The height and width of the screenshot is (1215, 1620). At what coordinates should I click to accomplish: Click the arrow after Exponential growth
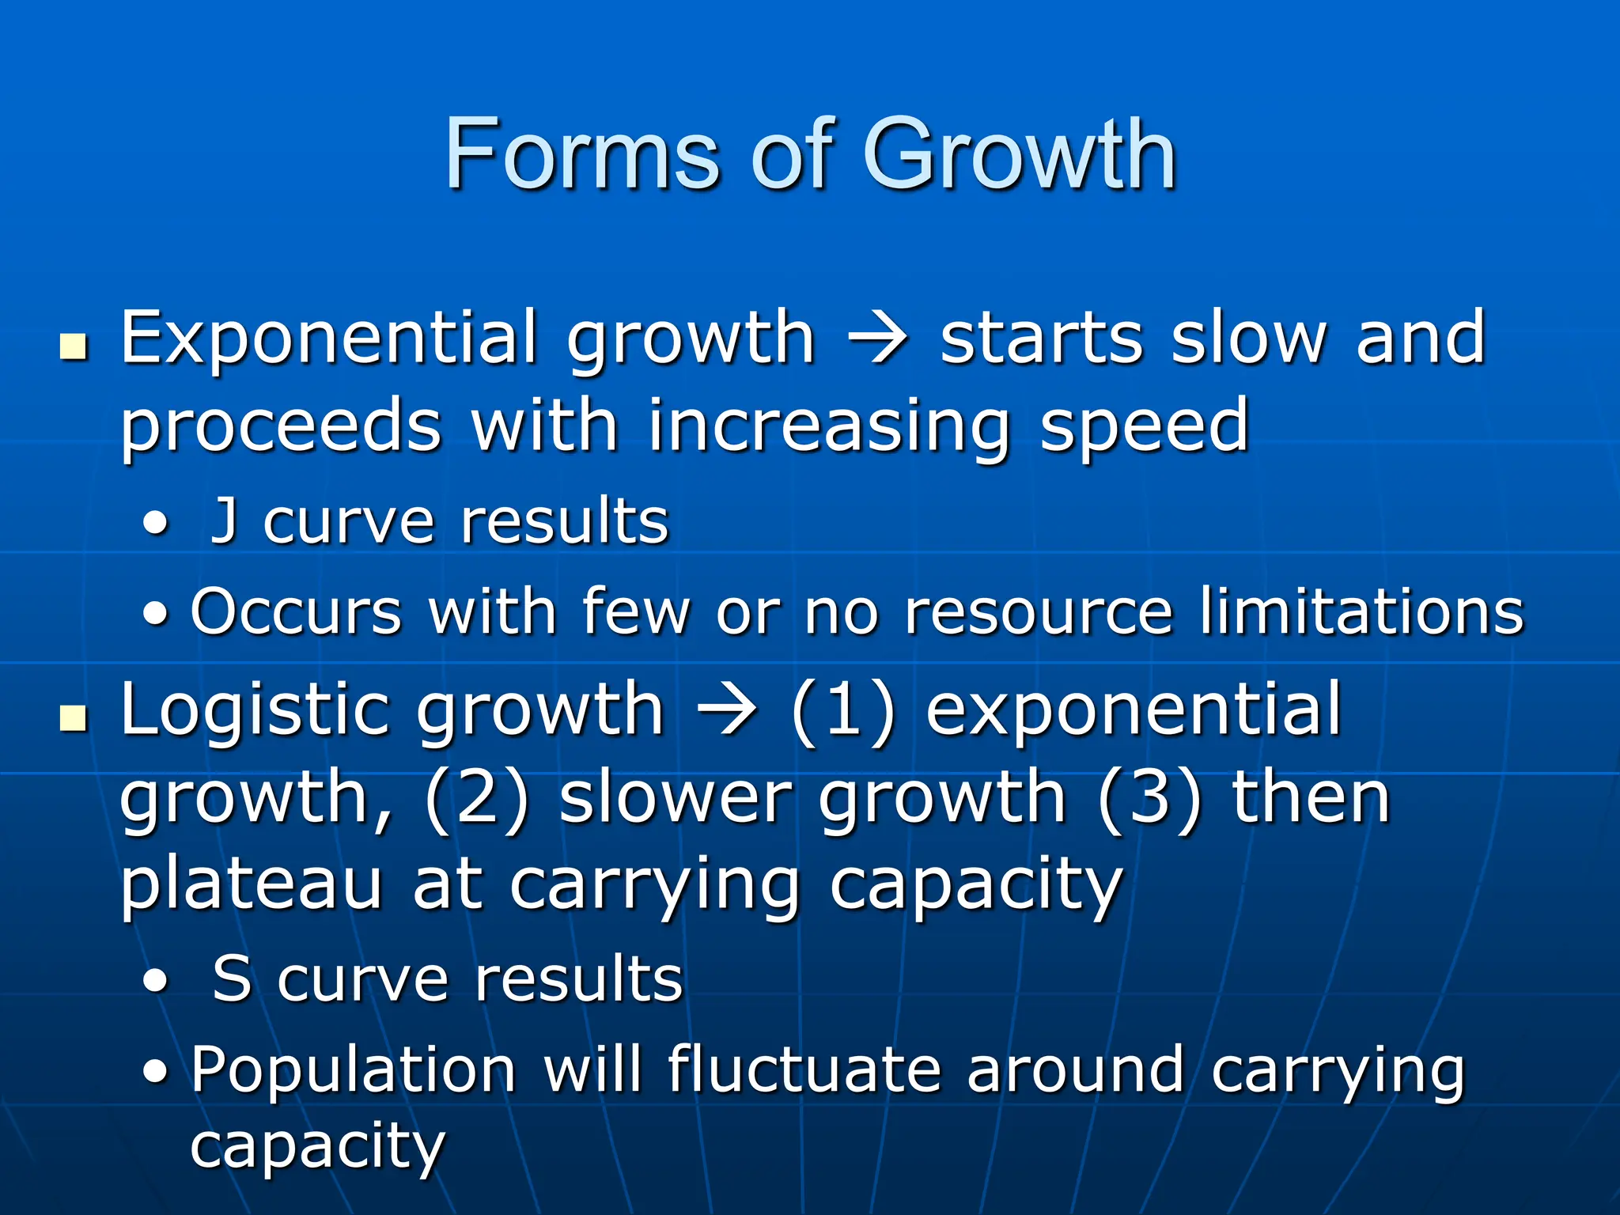pos(877,340)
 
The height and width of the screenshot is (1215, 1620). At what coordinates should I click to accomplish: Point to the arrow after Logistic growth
pos(725,710)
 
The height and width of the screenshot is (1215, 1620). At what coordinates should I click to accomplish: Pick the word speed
pos(1144,427)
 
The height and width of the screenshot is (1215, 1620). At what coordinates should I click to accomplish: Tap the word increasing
pos(828,427)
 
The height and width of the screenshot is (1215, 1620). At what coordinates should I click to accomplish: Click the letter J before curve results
pos(226,522)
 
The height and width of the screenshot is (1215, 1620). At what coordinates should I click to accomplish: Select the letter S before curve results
pos(232,979)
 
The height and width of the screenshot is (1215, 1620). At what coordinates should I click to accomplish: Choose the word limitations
pos(1361,611)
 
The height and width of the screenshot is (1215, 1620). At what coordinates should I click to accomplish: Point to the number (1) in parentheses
pos(843,710)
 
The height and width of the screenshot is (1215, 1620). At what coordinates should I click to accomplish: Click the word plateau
pos(252,886)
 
